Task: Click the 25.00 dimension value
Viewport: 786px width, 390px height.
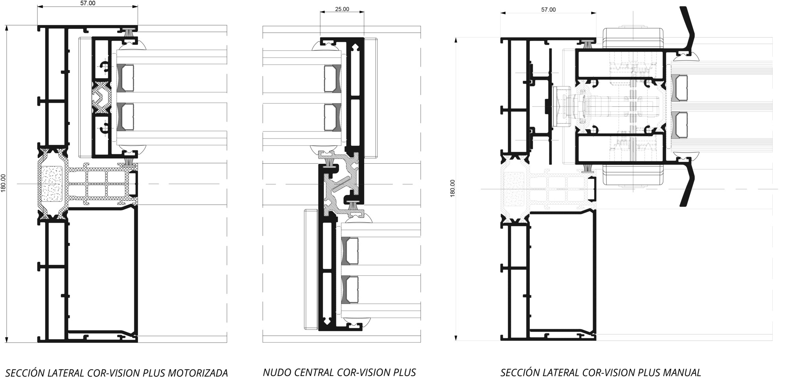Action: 342,9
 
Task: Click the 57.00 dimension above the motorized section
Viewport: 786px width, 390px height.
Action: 88,3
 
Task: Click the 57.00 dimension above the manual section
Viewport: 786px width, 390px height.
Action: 548,9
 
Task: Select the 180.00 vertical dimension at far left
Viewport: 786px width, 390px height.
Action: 3,184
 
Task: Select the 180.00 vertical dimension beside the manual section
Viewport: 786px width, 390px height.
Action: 452,188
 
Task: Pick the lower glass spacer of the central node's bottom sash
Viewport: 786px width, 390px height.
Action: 350,290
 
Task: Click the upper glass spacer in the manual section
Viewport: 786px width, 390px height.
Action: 679,87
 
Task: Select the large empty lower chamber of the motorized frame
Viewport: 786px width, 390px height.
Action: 102,272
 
